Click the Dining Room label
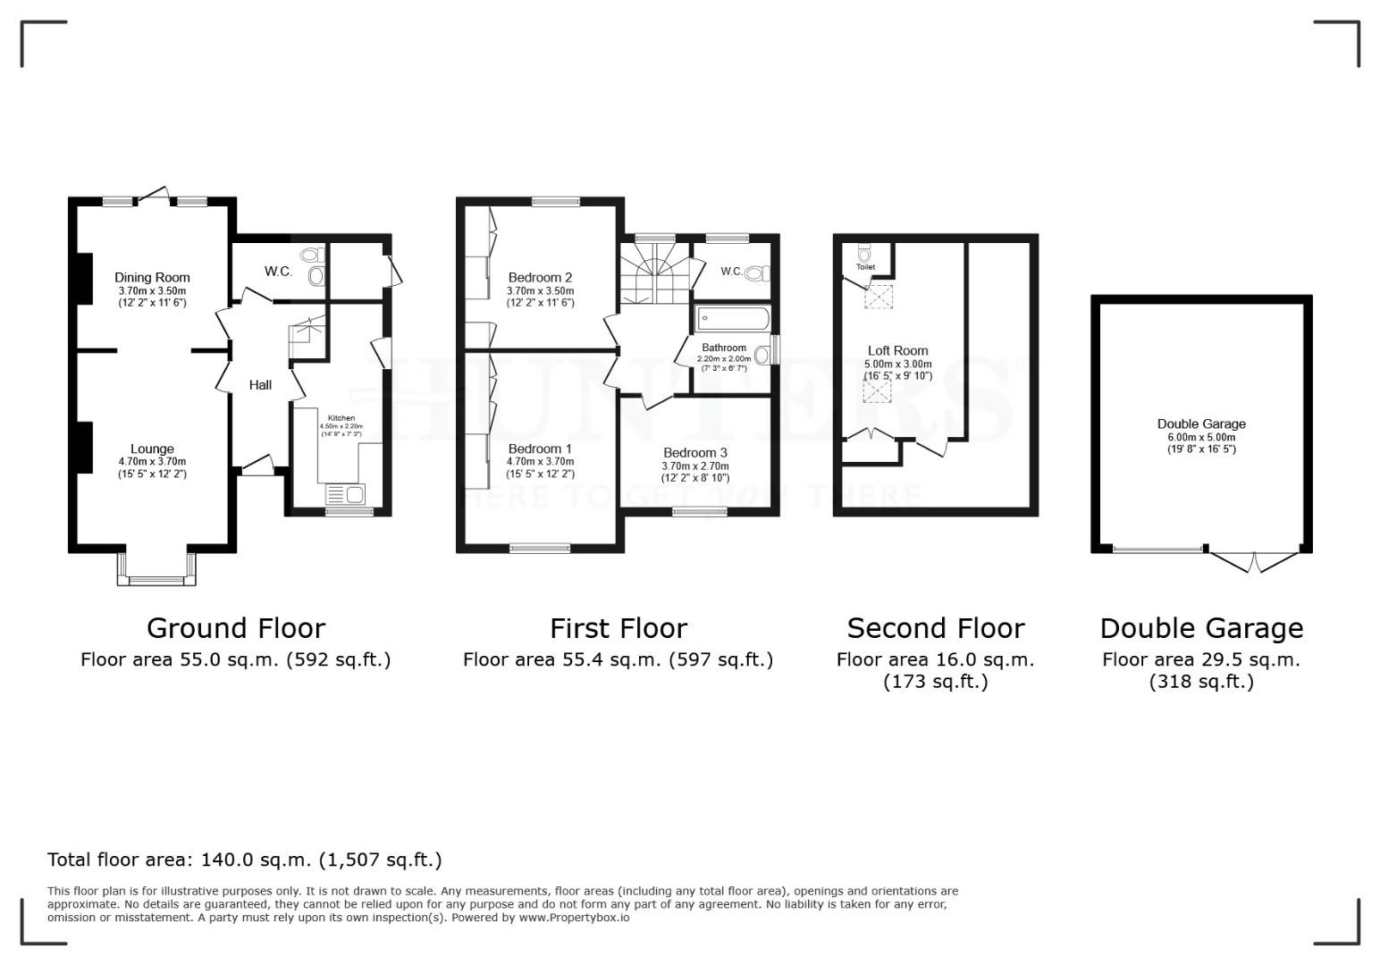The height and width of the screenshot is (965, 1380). click(x=152, y=277)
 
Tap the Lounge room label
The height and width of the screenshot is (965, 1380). click(x=152, y=449)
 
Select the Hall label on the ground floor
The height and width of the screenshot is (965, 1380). click(x=260, y=385)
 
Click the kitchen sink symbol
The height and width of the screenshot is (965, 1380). click(x=345, y=495)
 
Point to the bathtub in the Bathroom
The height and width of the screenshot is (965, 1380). click(x=732, y=318)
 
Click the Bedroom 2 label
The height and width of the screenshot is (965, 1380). click(x=540, y=277)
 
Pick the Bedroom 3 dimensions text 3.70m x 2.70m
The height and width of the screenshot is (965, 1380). click(x=694, y=466)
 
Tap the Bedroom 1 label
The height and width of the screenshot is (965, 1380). click(x=540, y=449)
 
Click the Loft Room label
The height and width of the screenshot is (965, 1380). click(x=897, y=350)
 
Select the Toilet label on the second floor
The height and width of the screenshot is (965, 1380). click(x=865, y=267)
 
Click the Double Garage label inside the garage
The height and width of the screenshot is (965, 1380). click(x=1200, y=424)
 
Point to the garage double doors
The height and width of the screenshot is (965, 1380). click(x=1254, y=561)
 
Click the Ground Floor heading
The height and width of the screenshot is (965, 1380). click(x=235, y=628)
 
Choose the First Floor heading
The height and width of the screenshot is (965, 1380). click(x=618, y=628)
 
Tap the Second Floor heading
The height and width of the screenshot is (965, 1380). click(x=935, y=628)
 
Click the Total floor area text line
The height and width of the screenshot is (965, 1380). click(x=244, y=860)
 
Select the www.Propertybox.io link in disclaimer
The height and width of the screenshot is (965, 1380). click(x=573, y=918)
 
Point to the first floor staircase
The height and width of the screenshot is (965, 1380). click(x=656, y=273)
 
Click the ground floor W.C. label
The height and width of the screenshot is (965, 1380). click(x=278, y=271)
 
